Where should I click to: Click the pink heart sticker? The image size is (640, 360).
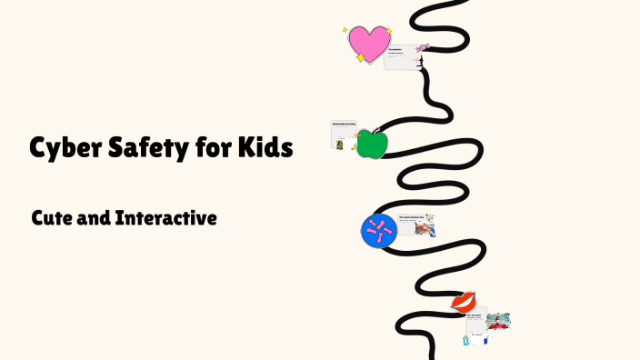coord(369,43)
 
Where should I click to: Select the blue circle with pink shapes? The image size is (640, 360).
coord(379,232)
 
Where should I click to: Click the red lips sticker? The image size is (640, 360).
coord(465,302)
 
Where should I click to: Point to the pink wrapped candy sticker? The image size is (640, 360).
coord(424,46)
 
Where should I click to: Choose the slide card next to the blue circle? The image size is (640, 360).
coord(414,224)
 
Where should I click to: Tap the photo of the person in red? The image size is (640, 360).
coord(498,321)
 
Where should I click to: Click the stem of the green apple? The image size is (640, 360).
coord(373,131)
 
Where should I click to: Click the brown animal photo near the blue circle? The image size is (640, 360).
coord(423,229)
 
